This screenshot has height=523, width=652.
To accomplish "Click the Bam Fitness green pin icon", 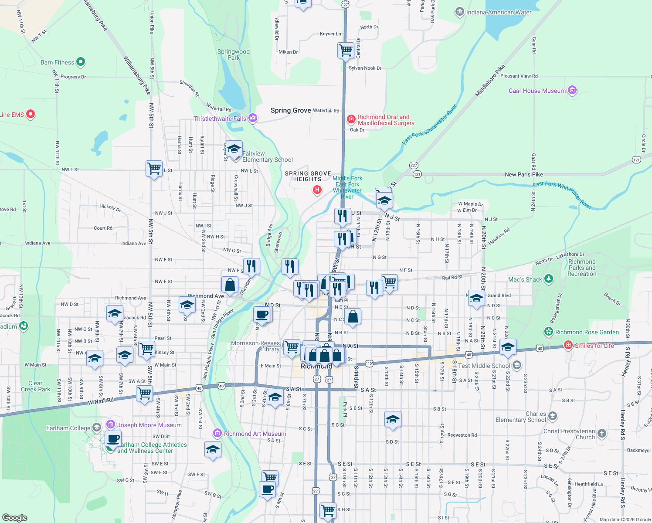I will [81, 62].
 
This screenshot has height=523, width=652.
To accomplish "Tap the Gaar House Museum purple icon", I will [572, 90].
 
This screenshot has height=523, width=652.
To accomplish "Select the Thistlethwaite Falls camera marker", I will [252, 118].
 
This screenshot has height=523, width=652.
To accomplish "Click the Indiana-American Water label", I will [499, 12].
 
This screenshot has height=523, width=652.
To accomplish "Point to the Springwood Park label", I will [234, 54].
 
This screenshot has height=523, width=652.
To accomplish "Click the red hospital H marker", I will [317, 190].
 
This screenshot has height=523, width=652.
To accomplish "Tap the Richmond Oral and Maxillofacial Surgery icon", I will [351, 119].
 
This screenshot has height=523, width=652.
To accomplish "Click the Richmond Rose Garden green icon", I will [548, 332].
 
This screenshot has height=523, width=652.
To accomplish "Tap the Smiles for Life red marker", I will [568, 345].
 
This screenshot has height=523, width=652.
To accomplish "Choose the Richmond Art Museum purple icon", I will [217, 433].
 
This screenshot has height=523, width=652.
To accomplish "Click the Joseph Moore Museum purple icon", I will [111, 425].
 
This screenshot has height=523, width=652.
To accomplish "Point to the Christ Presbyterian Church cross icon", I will [601, 433].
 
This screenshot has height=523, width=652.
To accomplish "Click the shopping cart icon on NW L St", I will [154, 168].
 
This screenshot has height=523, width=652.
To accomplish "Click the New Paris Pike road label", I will [524, 174].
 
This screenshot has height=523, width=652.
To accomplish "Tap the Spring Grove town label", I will [291, 110].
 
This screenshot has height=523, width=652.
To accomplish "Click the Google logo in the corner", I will [14, 517].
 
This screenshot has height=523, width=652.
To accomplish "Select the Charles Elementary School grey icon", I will [553, 416].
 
